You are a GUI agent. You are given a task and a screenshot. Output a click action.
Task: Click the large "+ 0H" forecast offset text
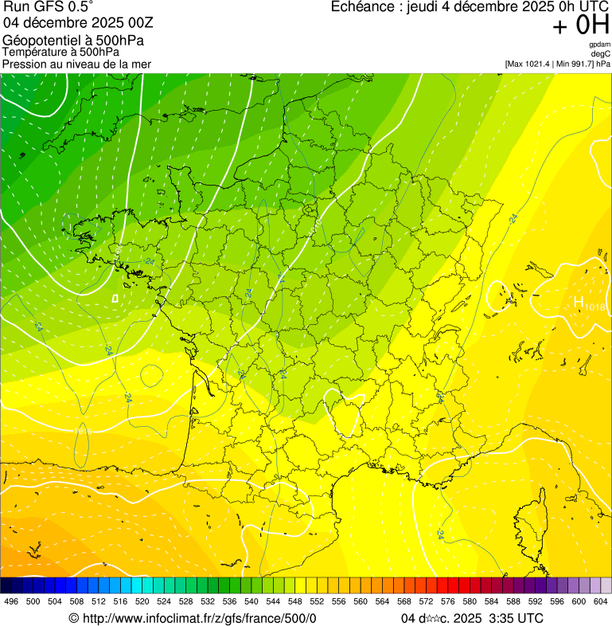(581, 25)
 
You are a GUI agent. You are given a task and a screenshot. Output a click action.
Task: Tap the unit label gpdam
(599, 45)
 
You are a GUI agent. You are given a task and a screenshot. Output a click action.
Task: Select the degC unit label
(601, 53)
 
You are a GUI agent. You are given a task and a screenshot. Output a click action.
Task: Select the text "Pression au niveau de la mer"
(76, 64)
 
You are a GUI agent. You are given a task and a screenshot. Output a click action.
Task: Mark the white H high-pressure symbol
(579, 302)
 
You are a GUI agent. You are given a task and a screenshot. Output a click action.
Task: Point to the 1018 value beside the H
(595, 307)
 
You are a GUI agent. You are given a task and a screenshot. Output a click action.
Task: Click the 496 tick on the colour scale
(10, 601)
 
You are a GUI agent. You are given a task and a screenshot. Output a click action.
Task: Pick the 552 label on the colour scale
(316, 601)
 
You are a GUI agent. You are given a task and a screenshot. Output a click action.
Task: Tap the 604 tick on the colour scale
(600, 601)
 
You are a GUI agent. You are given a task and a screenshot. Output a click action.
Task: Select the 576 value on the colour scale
(447, 601)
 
